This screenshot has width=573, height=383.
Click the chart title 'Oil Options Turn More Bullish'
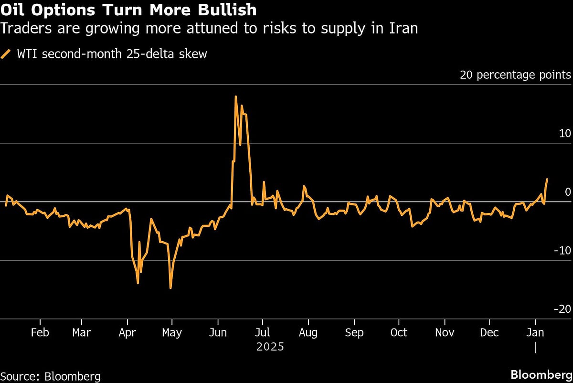click(x=128, y=10)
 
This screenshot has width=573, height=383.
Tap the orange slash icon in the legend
click(x=6, y=54)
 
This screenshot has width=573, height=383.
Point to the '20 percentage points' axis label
click(x=515, y=75)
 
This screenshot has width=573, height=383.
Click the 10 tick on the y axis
click(x=565, y=133)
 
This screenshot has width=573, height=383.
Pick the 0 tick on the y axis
click(x=568, y=192)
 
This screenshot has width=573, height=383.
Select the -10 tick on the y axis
click(x=562, y=250)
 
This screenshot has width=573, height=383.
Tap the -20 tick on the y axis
click(x=562, y=309)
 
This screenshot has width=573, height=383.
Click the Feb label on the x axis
click(x=40, y=332)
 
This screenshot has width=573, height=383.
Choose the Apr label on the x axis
click(x=127, y=332)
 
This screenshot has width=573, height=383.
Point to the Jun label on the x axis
click(x=218, y=332)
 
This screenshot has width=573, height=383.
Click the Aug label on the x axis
click(x=308, y=332)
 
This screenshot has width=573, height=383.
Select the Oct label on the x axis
click(x=399, y=332)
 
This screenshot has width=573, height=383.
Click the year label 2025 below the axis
click(x=270, y=347)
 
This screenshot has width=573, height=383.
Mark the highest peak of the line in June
click(x=236, y=96)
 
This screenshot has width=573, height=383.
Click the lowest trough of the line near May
click(x=170, y=288)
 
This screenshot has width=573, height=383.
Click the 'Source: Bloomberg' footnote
click(x=51, y=376)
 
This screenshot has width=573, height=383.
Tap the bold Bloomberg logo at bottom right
click(x=541, y=374)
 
